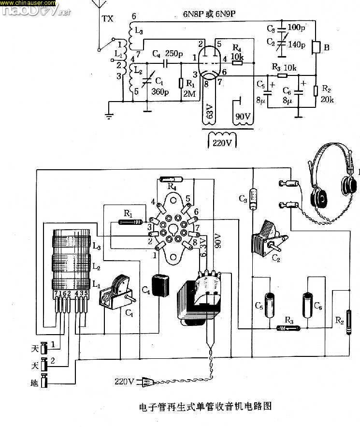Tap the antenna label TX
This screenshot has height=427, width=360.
coord(107,19)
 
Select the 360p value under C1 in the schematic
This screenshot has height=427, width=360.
coord(159,91)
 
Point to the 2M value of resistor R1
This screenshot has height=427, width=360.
coord(189,94)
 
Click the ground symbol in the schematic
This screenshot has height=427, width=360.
coord(109,115)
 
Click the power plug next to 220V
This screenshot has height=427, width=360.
coord(145,383)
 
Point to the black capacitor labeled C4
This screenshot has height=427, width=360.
coord(160,285)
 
